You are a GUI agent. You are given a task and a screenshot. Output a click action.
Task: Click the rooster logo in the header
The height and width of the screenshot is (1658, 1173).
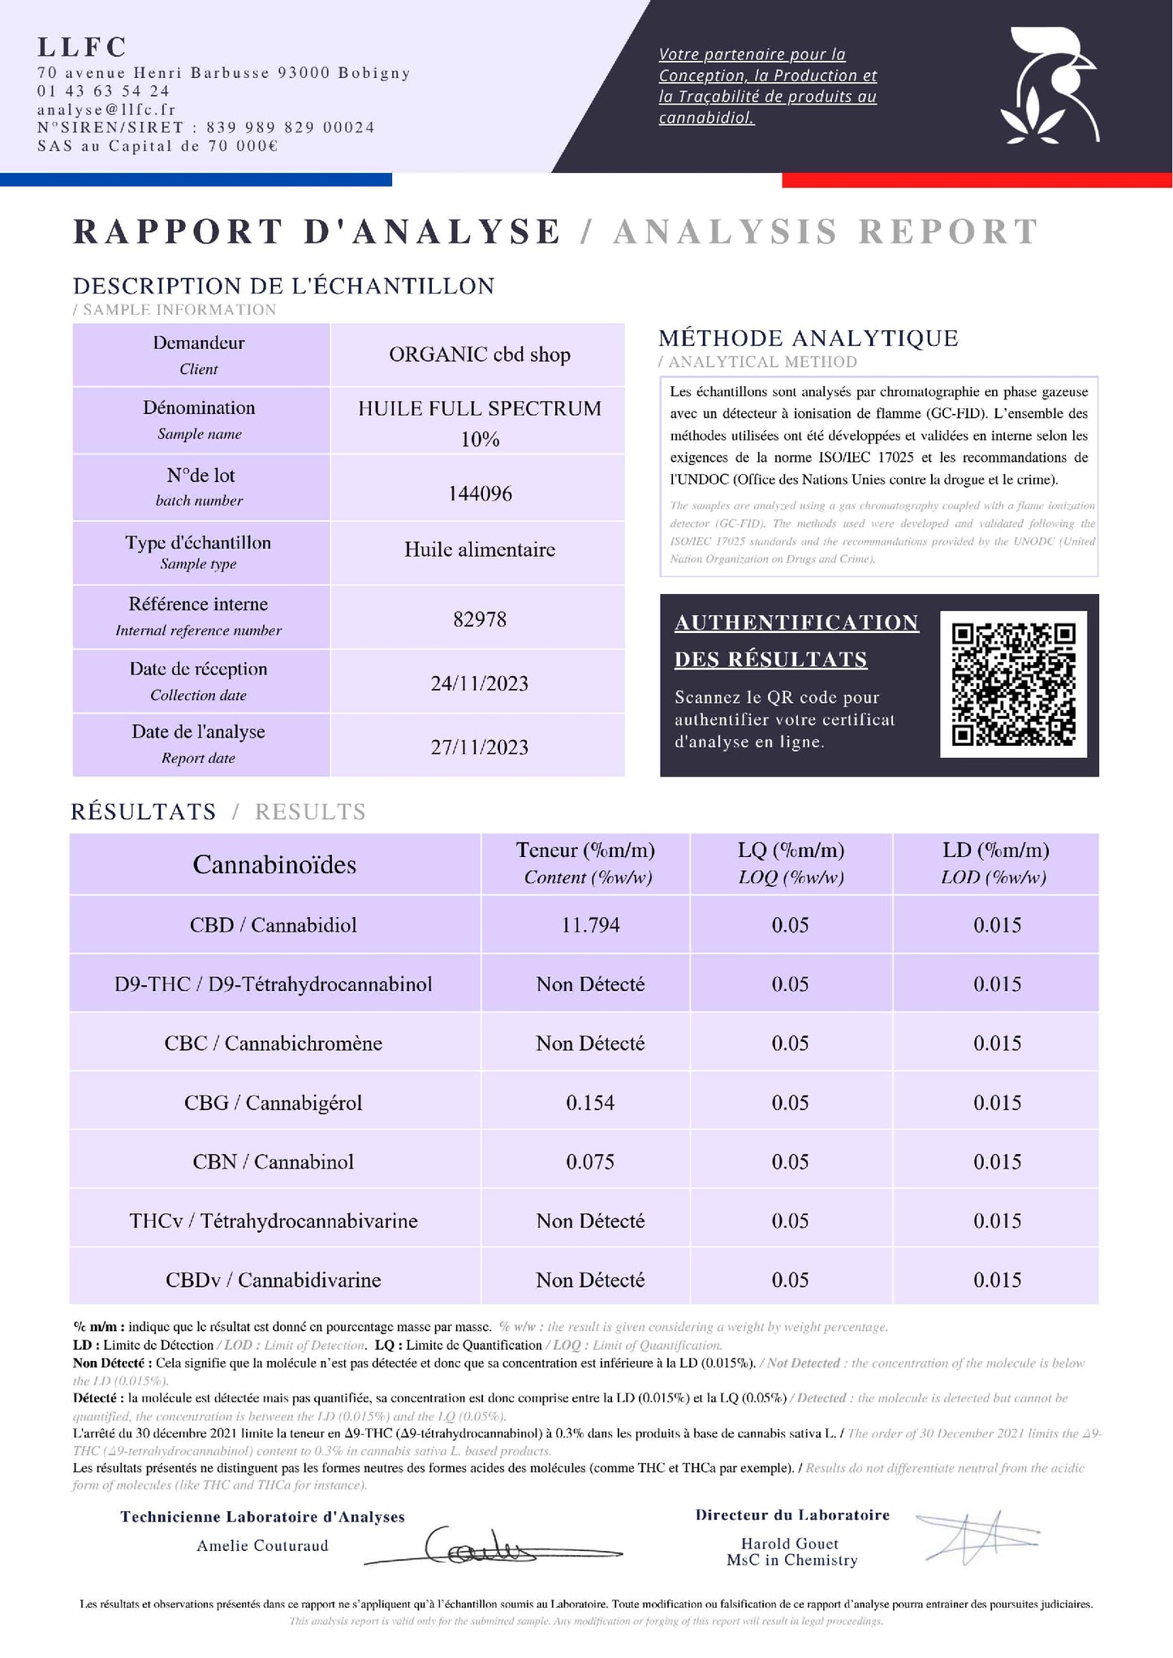click(x=1049, y=88)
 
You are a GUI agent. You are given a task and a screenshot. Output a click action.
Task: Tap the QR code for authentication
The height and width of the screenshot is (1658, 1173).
click(x=1013, y=684)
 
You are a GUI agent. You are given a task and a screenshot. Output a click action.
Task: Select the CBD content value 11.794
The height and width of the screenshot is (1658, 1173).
click(x=590, y=925)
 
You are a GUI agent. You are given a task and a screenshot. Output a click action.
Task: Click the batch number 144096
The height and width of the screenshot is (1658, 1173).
click(x=480, y=493)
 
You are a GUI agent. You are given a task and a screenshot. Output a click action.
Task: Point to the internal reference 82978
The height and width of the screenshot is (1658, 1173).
click(x=480, y=619)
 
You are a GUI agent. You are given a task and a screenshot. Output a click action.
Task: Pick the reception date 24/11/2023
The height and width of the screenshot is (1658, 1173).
click(x=480, y=683)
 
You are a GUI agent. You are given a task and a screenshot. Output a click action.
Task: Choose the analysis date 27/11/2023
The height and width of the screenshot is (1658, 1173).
click(x=480, y=747)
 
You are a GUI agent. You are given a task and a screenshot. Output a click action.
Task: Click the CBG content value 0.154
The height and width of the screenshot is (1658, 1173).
click(x=590, y=1103)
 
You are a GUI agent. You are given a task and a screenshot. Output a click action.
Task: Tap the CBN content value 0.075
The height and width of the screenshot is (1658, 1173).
click(x=590, y=1162)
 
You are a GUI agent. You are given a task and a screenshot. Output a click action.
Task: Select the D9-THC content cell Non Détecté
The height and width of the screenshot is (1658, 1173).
click(x=590, y=984)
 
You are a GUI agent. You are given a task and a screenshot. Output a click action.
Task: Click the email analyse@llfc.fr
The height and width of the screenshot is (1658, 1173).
click(x=106, y=110)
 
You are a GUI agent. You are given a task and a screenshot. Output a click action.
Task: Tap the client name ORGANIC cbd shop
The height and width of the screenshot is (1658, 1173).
click(x=480, y=355)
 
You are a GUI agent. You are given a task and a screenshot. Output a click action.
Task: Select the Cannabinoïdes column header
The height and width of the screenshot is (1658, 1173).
click(x=274, y=865)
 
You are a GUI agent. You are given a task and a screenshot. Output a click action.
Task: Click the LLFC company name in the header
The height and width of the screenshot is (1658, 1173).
click(x=82, y=47)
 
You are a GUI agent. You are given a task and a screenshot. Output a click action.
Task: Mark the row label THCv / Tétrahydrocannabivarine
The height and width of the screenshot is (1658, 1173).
click(x=274, y=1221)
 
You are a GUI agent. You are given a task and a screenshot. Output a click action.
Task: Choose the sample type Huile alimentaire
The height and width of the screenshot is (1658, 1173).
click(x=480, y=549)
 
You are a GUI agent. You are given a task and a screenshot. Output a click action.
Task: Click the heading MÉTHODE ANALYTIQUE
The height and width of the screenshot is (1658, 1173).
click(x=808, y=338)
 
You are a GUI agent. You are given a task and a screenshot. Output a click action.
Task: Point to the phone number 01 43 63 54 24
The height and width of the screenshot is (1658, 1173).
click(x=103, y=91)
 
